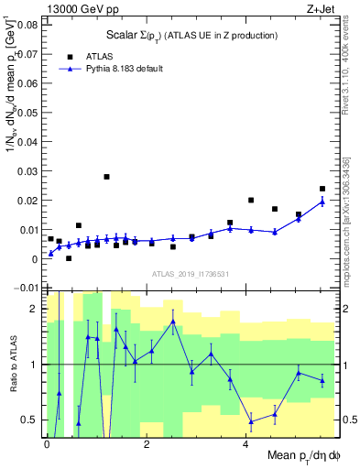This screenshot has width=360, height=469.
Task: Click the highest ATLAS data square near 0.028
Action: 106,177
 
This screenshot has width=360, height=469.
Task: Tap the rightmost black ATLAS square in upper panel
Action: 322,189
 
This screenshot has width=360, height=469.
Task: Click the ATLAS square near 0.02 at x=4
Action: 251,200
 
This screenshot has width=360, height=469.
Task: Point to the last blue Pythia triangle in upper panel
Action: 322,202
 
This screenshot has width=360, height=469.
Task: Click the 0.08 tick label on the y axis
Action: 27,25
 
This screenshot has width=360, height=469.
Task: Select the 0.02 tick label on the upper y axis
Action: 27,201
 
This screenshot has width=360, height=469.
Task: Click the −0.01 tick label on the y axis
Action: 24,289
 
